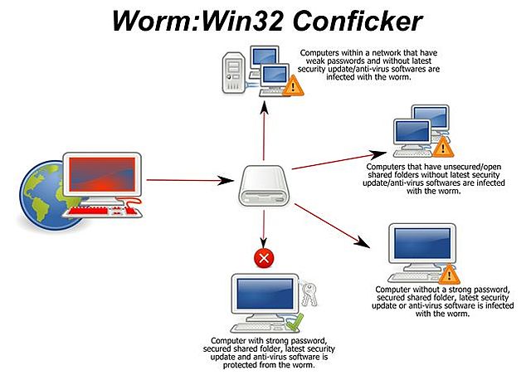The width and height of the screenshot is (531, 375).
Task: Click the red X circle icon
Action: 264,260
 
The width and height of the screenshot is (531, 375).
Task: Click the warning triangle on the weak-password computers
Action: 291,85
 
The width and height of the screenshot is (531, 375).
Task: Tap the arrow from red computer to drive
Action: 187,179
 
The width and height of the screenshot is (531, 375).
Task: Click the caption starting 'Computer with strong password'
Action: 263,352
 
